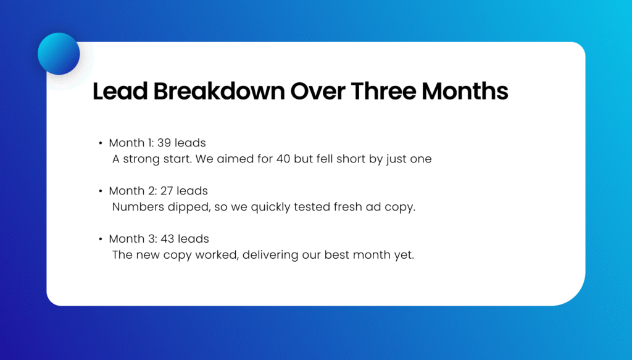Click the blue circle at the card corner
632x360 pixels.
click(59, 54)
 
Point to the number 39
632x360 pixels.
click(165, 143)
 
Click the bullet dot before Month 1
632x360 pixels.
click(100, 143)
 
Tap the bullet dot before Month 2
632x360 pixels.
click(100, 191)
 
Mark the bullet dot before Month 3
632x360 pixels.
click(100, 239)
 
